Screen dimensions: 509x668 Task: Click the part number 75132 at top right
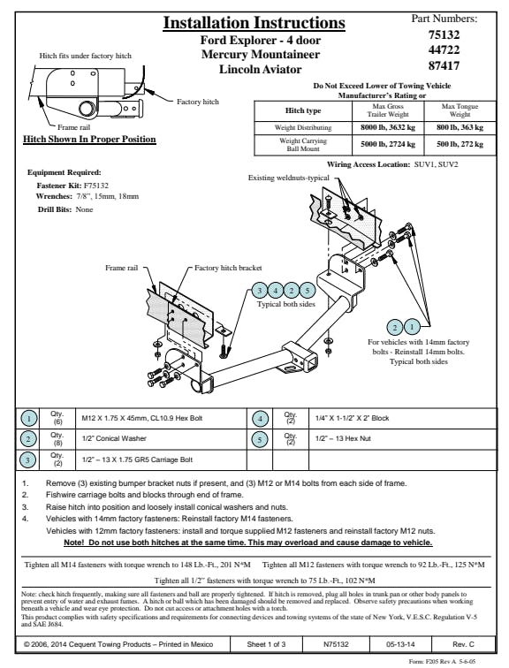click(x=444, y=34)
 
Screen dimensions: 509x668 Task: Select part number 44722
click(x=444, y=49)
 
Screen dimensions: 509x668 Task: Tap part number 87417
click(x=444, y=65)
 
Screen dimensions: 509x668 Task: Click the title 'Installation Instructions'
click(x=254, y=23)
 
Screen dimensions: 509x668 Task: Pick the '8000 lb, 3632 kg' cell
click(x=388, y=127)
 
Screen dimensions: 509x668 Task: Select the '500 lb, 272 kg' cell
click(x=460, y=144)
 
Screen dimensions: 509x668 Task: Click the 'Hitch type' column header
click(x=303, y=110)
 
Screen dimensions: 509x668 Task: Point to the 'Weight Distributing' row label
click(x=303, y=127)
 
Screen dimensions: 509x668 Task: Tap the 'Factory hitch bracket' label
click(x=228, y=268)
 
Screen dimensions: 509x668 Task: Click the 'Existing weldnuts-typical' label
click(x=289, y=178)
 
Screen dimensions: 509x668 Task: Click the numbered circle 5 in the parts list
click(x=260, y=439)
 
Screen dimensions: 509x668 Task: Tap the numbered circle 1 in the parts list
click(x=28, y=418)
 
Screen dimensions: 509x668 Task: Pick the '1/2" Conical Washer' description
click(x=114, y=438)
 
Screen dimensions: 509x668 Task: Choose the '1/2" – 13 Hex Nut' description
click(x=343, y=438)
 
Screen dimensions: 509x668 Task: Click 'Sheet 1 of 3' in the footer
click(x=266, y=644)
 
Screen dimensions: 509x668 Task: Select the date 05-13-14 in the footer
click(x=400, y=644)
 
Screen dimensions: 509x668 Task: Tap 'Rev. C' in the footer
click(x=463, y=644)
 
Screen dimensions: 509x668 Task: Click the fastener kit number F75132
click(x=95, y=186)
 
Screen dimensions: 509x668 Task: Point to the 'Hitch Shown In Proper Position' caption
click(x=89, y=140)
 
